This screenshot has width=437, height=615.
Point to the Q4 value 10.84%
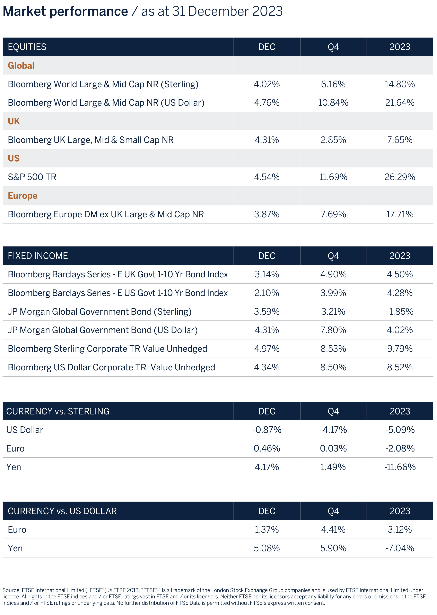pos(333,103)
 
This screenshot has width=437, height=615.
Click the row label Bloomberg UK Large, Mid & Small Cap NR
pos(91,140)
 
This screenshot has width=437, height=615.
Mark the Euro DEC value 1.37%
pos(267,529)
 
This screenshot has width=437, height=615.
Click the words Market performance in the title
pos(65,11)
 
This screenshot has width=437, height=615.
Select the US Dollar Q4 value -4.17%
pos(333,430)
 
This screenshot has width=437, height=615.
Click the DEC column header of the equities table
pos(267,47)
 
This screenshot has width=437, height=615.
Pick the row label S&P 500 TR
pos(32,177)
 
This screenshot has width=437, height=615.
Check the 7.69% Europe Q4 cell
pos(333,214)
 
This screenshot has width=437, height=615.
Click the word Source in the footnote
pos(11,590)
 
